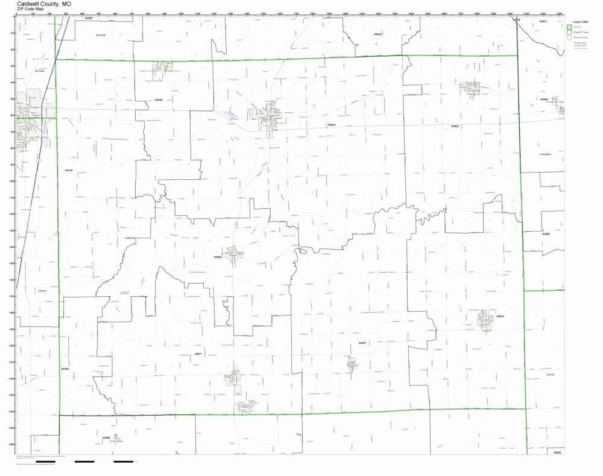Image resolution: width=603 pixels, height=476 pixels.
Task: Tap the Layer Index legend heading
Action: coord(580,21)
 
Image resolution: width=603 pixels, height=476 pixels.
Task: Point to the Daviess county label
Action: coord(101,35)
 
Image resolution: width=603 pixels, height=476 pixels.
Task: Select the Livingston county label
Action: coord(545,154)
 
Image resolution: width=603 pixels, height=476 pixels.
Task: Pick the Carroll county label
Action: coord(549,375)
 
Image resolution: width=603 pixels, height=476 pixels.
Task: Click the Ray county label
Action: coord(298,434)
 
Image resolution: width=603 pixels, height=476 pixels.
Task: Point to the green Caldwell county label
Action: coord(130,238)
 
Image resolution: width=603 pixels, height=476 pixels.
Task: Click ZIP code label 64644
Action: coord(332,125)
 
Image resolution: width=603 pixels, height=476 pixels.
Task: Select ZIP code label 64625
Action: coord(455,126)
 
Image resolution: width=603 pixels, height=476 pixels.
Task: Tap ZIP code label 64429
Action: coord(69,171)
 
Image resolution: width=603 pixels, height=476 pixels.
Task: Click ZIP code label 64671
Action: coord(198,354)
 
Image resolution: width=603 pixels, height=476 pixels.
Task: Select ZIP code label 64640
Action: coord(378,34)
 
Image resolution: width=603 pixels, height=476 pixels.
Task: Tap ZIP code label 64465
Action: coord(65,368)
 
